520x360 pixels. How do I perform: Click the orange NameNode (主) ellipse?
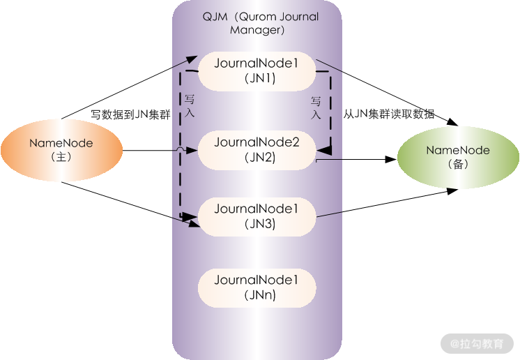tap(61, 150)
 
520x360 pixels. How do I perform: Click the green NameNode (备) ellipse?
tap(458, 157)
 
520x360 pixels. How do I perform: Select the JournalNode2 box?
tap(257, 150)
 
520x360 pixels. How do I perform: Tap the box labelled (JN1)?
tap(257, 71)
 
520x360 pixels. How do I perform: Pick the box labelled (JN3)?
tap(257, 216)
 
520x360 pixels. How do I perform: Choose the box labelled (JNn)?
tap(257, 287)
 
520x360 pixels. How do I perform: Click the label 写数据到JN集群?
tap(131, 115)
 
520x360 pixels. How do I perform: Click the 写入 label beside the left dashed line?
tap(190, 106)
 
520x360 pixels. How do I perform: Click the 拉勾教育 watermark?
tap(482, 343)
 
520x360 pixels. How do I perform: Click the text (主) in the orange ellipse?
tap(61, 158)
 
